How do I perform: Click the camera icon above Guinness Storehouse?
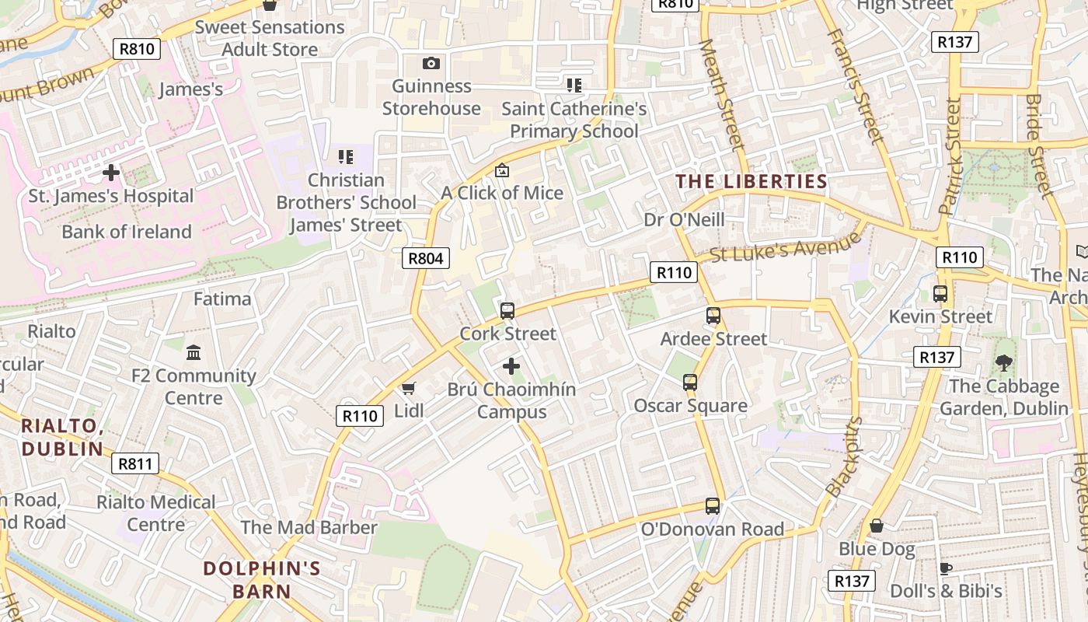tap(431, 63)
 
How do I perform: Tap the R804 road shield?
tap(426, 258)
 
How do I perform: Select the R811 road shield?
tap(135, 464)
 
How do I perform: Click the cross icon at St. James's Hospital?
tap(110, 172)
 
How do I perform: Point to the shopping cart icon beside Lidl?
tap(408, 388)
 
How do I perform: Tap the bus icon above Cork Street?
tap(507, 311)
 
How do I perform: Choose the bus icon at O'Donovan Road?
tap(712, 506)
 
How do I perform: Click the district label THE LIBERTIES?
tap(751, 182)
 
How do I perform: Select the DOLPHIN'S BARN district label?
tap(262, 579)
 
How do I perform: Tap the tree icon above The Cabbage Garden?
tap(1004, 362)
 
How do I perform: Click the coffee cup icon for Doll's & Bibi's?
tap(946, 568)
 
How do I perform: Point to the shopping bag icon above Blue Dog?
tap(877, 526)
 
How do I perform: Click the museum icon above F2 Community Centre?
tap(194, 353)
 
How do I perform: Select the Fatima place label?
tap(222, 299)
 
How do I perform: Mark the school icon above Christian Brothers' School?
tap(346, 157)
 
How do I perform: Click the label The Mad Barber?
tap(309, 527)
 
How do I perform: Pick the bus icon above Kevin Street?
tap(940, 294)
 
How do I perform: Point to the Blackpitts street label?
tap(845, 457)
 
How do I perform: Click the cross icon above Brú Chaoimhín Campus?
tap(511, 365)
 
